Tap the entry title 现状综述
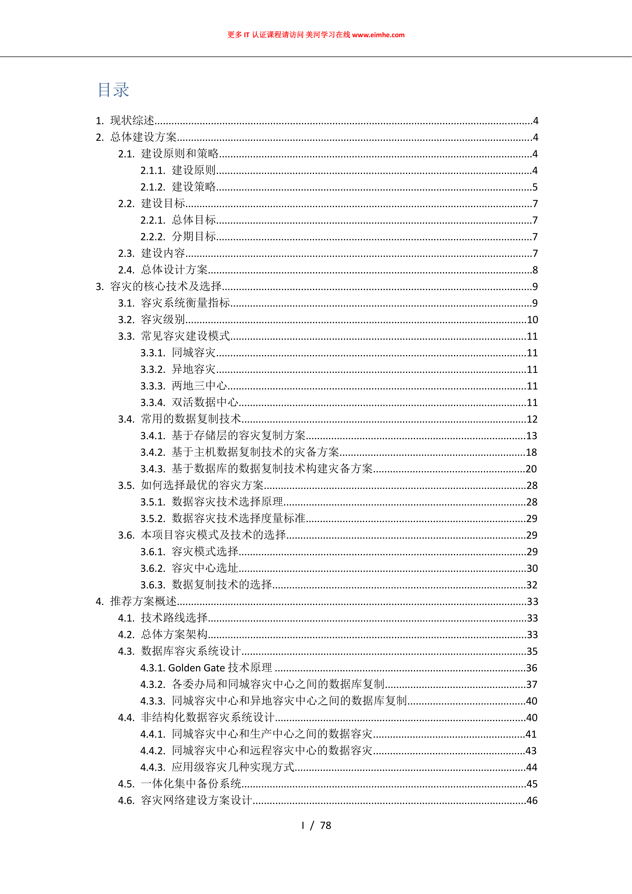coord(132,121)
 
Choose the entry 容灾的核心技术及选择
coord(166,287)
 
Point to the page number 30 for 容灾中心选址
coord(532,568)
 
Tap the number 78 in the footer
coord(326,825)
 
